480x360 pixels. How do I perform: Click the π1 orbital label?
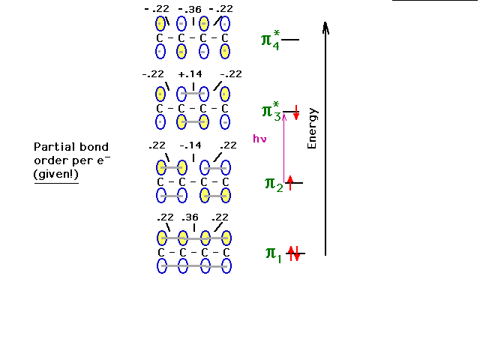(273, 254)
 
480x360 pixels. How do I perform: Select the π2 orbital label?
(274, 184)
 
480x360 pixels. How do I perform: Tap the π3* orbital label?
(271, 112)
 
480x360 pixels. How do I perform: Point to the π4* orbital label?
(271, 40)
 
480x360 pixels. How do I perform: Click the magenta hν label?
(259, 139)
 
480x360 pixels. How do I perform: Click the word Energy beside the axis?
(312, 128)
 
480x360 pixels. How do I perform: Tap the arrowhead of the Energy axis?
(325, 27)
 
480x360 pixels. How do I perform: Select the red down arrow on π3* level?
(296, 112)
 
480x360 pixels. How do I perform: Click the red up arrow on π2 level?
(290, 183)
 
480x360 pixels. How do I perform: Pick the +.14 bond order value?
(190, 74)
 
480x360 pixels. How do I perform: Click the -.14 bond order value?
(190, 145)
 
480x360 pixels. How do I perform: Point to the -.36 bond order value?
(190, 10)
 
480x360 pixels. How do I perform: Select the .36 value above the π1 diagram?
(190, 217)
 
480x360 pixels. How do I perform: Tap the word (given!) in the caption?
(56, 174)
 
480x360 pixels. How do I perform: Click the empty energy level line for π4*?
(290, 40)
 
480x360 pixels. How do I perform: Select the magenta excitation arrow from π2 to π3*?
(283, 148)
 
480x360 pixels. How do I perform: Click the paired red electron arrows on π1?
(294, 253)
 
